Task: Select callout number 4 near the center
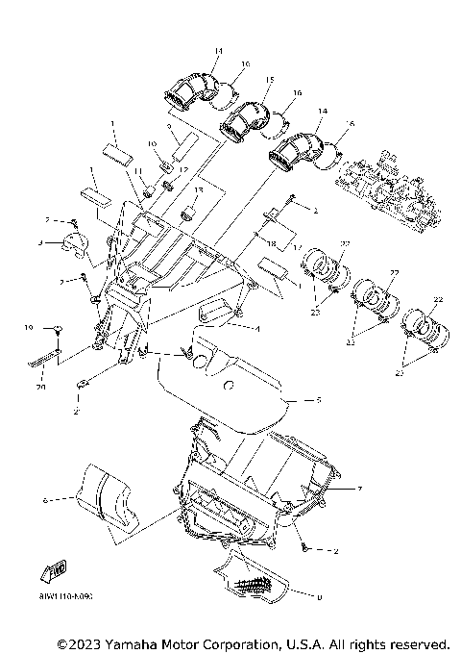[x=258, y=328]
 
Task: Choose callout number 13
[x=200, y=190]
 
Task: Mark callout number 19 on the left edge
[x=29, y=328]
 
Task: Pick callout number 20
[x=40, y=388]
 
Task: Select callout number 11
[x=137, y=170]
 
